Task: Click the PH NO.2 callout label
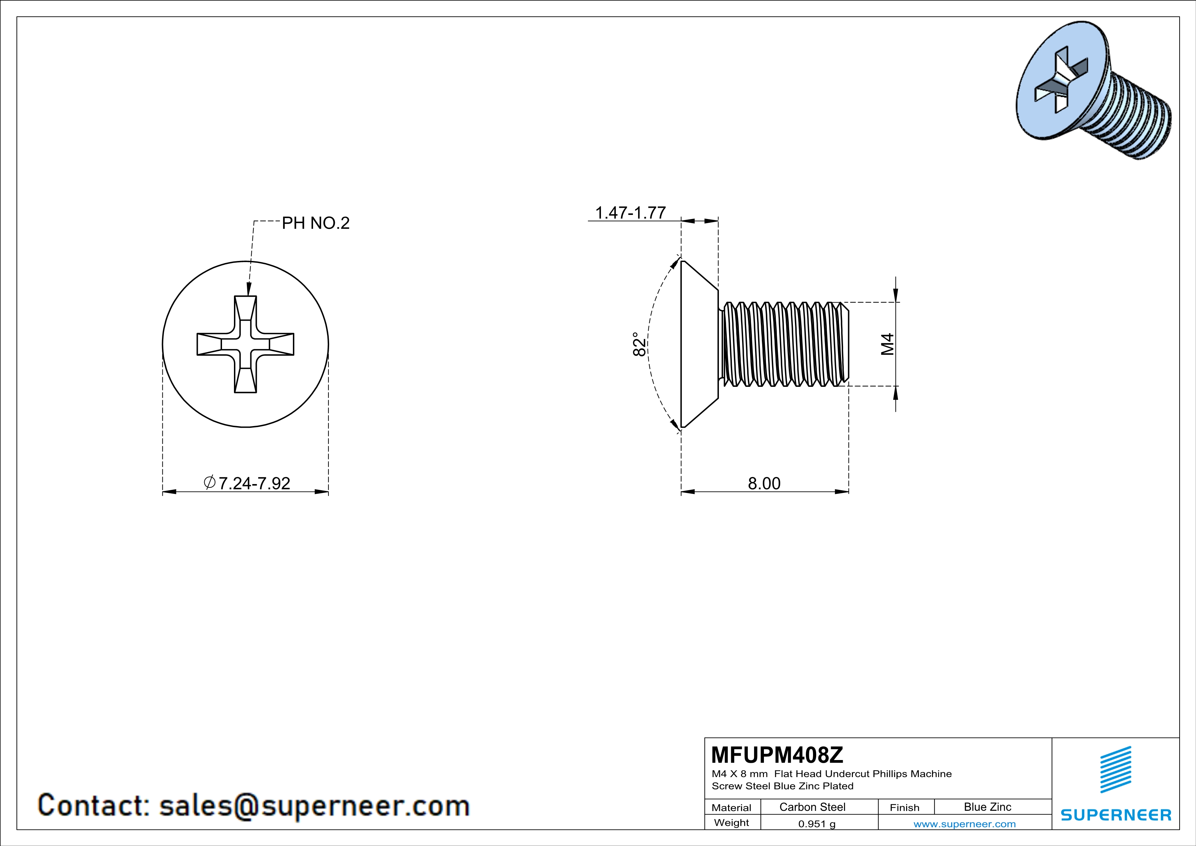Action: click(x=316, y=223)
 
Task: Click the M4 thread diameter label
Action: click(x=888, y=344)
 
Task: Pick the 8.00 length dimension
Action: click(x=764, y=483)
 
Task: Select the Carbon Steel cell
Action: click(x=812, y=807)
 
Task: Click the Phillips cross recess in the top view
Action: click(x=245, y=344)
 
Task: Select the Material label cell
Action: click(x=732, y=807)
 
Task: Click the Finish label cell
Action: click(x=904, y=807)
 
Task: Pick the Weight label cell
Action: click(x=732, y=822)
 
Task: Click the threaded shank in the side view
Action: click(x=784, y=344)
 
